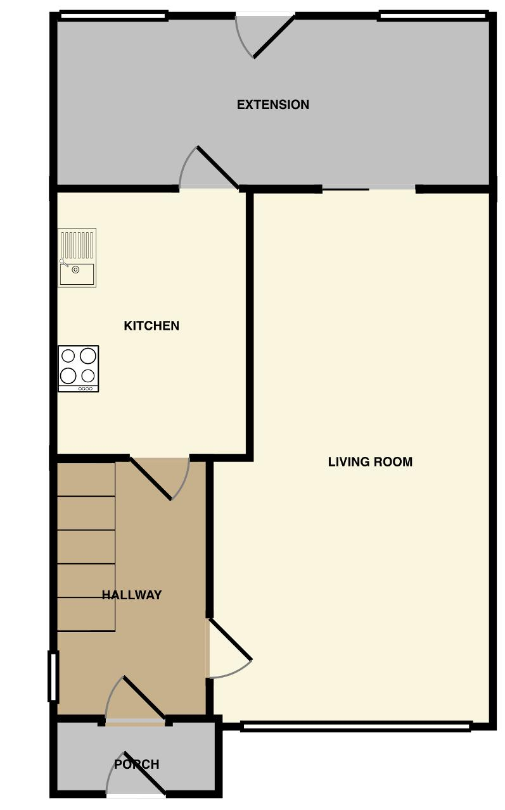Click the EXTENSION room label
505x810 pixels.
273,104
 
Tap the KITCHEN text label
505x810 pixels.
151,325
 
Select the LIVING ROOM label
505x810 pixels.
370,462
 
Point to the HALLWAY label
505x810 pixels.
132,595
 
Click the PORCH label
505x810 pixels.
137,764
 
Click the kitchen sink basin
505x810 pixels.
77,274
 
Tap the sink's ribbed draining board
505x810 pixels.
77,245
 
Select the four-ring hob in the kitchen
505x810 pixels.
79,368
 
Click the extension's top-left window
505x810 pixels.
113,16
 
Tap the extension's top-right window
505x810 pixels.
433,16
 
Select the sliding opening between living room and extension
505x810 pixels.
369,189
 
